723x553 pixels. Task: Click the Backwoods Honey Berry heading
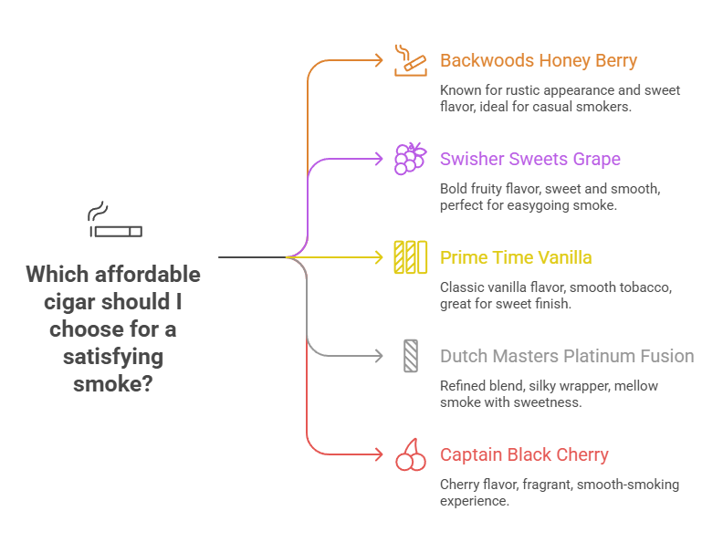click(538, 61)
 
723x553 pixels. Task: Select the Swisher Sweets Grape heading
click(529, 159)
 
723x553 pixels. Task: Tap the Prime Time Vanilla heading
click(516, 257)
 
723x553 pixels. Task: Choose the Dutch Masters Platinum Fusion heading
click(566, 356)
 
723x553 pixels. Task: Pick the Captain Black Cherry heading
click(524, 454)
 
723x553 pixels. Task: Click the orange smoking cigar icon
click(410, 59)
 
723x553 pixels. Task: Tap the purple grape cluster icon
click(410, 158)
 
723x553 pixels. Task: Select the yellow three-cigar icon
click(410, 257)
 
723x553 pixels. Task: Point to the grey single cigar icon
click(410, 355)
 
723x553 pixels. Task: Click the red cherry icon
click(410, 454)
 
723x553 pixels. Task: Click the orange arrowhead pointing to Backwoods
click(380, 60)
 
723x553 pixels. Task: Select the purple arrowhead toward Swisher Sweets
click(380, 159)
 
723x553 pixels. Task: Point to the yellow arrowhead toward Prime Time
click(380, 257)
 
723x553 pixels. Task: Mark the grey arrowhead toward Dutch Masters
click(380, 356)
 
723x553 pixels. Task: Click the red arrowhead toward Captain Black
click(380, 454)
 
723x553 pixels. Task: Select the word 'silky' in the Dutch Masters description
click(545, 386)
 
